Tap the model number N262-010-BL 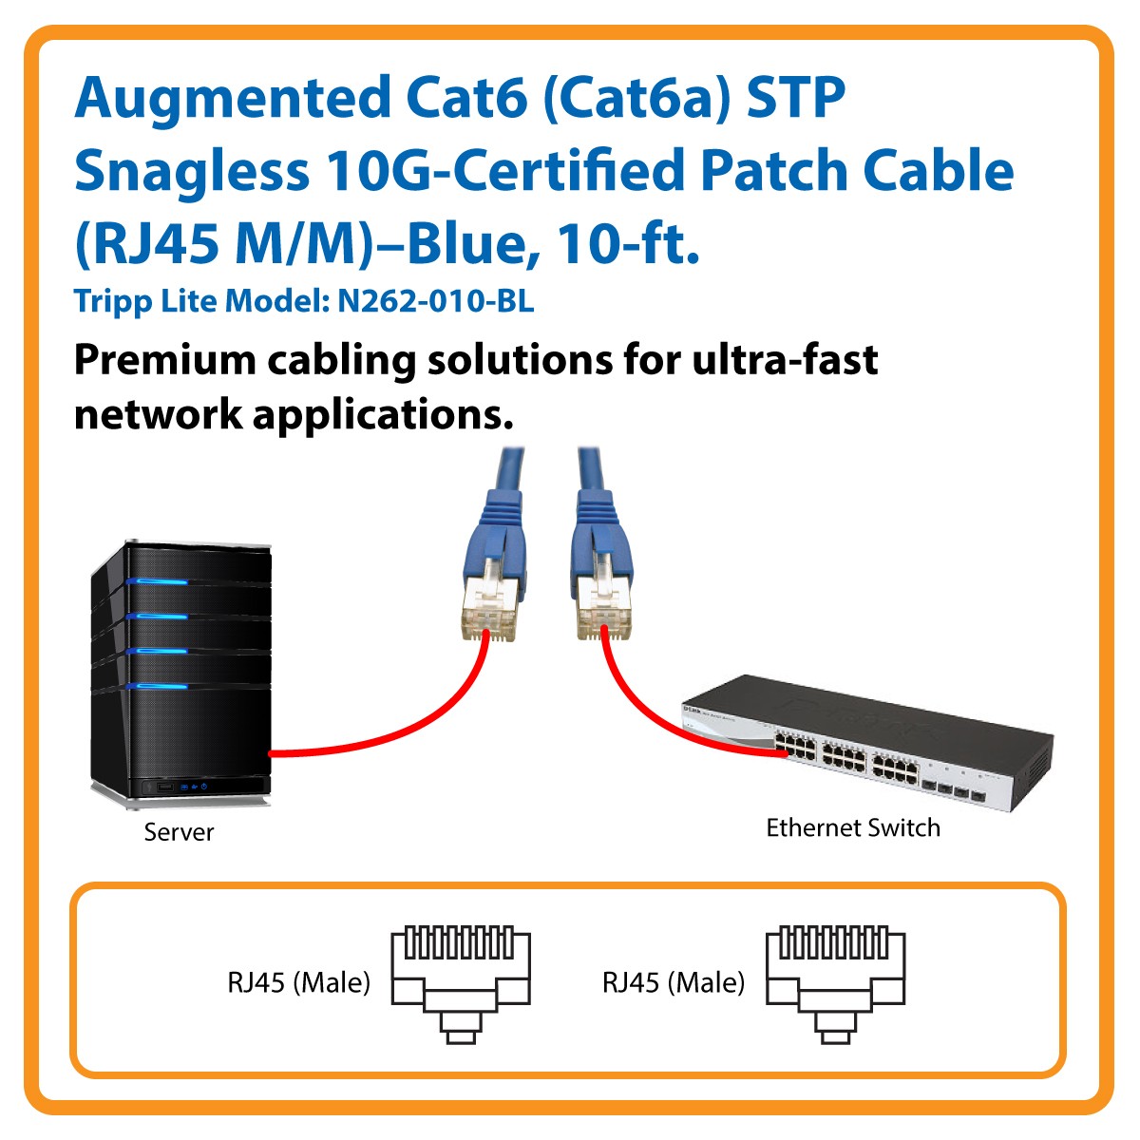tap(436, 301)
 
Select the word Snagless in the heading tap(191, 172)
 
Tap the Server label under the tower tap(179, 832)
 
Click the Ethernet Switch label tap(853, 827)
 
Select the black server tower tap(180, 674)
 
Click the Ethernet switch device tap(864, 731)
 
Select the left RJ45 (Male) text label tap(298, 982)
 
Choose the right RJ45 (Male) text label tap(674, 982)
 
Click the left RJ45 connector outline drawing tap(461, 983)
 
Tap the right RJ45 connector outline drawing tap(835, 983)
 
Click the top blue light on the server tap(157, 581)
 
